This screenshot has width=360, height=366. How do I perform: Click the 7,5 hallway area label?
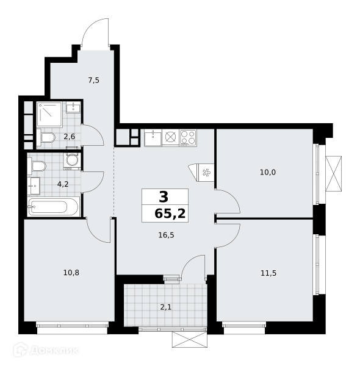[94, 81]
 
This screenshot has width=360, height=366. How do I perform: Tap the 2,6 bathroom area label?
[70, 137]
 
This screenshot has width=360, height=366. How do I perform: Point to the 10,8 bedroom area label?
[71, 273]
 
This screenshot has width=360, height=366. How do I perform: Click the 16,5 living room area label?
[166, 235]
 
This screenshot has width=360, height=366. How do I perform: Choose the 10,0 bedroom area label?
[268, 172]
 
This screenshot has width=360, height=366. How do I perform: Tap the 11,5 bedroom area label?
[268, 273]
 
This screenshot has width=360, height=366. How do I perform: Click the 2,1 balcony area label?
[166, 307]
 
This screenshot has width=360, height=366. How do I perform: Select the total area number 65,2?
[170, 213]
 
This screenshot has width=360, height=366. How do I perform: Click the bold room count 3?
[164, 197]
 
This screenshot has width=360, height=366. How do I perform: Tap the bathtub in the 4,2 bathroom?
[53, 207]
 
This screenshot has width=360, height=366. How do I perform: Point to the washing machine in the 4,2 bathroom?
[73, 161]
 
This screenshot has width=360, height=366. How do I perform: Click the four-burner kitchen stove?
[188, 138]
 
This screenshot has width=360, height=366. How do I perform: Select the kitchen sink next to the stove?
[153, 138]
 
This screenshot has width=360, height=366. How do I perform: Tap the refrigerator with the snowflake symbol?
[206, 173]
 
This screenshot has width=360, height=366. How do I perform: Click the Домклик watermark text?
[54, 350]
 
